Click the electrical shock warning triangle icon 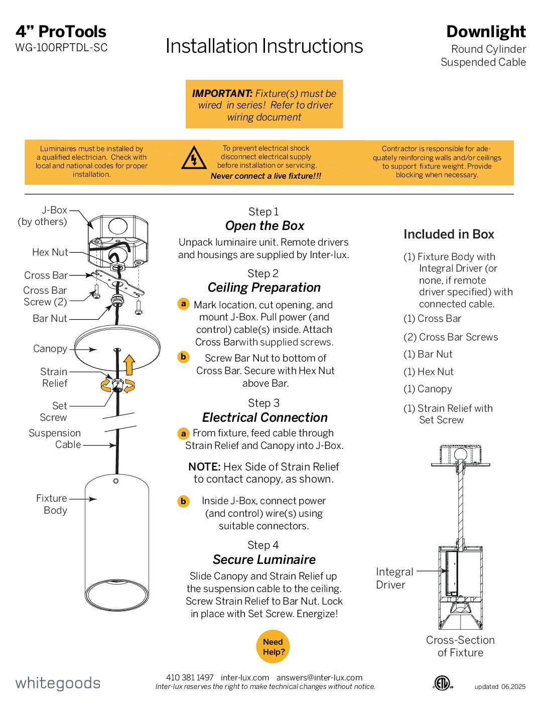(x=194, y=158)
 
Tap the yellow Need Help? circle (x=273, y=647)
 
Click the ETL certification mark (x=443, y=683)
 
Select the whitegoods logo (x=58, y=683)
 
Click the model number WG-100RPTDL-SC (x=61, y=48)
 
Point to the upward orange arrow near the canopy (x=129, y=365)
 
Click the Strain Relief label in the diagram (x=54, y=377)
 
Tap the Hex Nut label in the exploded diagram (x=50, y=252)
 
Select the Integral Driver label (x=394, y=578)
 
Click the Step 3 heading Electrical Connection (x=264, y=417)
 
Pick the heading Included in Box (x=449, y=234)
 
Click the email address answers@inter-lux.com (x=319, y=677)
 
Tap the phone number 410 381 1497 (x=190, y=677)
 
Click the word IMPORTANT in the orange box (x=222, y=93)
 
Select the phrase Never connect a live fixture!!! (x=265, y=176)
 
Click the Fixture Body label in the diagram (x=52, y=504)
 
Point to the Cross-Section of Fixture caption (x=460, y=646)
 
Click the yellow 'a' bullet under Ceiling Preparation (x=184, y=304)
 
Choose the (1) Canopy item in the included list (x=428, y=389)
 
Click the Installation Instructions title (x=264, y=46)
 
